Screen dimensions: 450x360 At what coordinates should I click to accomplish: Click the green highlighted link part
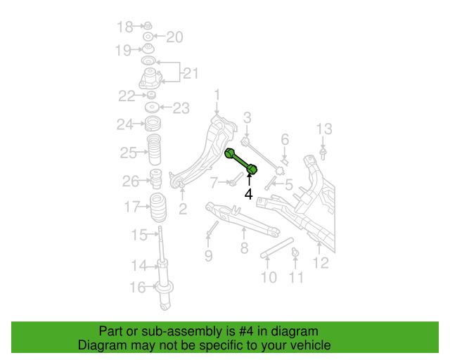click(240, 161)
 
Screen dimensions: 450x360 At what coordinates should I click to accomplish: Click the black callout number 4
click(248, 194)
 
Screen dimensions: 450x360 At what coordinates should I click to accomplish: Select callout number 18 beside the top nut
click(125, 27)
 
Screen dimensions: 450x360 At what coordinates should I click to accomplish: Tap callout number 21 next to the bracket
click(191, 74)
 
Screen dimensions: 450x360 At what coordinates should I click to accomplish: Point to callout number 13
click(324, 129)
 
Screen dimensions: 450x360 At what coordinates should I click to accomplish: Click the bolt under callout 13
click(323, 154)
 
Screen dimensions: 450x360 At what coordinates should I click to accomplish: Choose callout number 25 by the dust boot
click(128, 153)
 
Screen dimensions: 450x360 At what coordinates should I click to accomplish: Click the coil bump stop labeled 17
click(158, 208)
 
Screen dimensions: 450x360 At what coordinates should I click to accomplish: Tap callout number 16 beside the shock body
click(138, 287)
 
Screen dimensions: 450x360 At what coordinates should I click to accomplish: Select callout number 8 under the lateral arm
click(244, 248)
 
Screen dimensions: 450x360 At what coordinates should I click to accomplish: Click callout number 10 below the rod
click(269, 277)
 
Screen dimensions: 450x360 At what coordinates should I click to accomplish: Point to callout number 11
click(296, 277)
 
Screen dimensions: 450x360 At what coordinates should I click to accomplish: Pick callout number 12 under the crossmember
click(321, 263)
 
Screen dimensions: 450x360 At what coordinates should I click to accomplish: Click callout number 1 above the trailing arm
click(217, 94)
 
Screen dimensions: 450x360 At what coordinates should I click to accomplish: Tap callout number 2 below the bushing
click(183, 209)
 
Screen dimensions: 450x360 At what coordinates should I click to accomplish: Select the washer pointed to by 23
click(152, 108)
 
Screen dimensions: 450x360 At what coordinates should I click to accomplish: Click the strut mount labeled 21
click(150, 78)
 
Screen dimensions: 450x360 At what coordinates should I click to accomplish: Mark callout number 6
click(285, 139)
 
